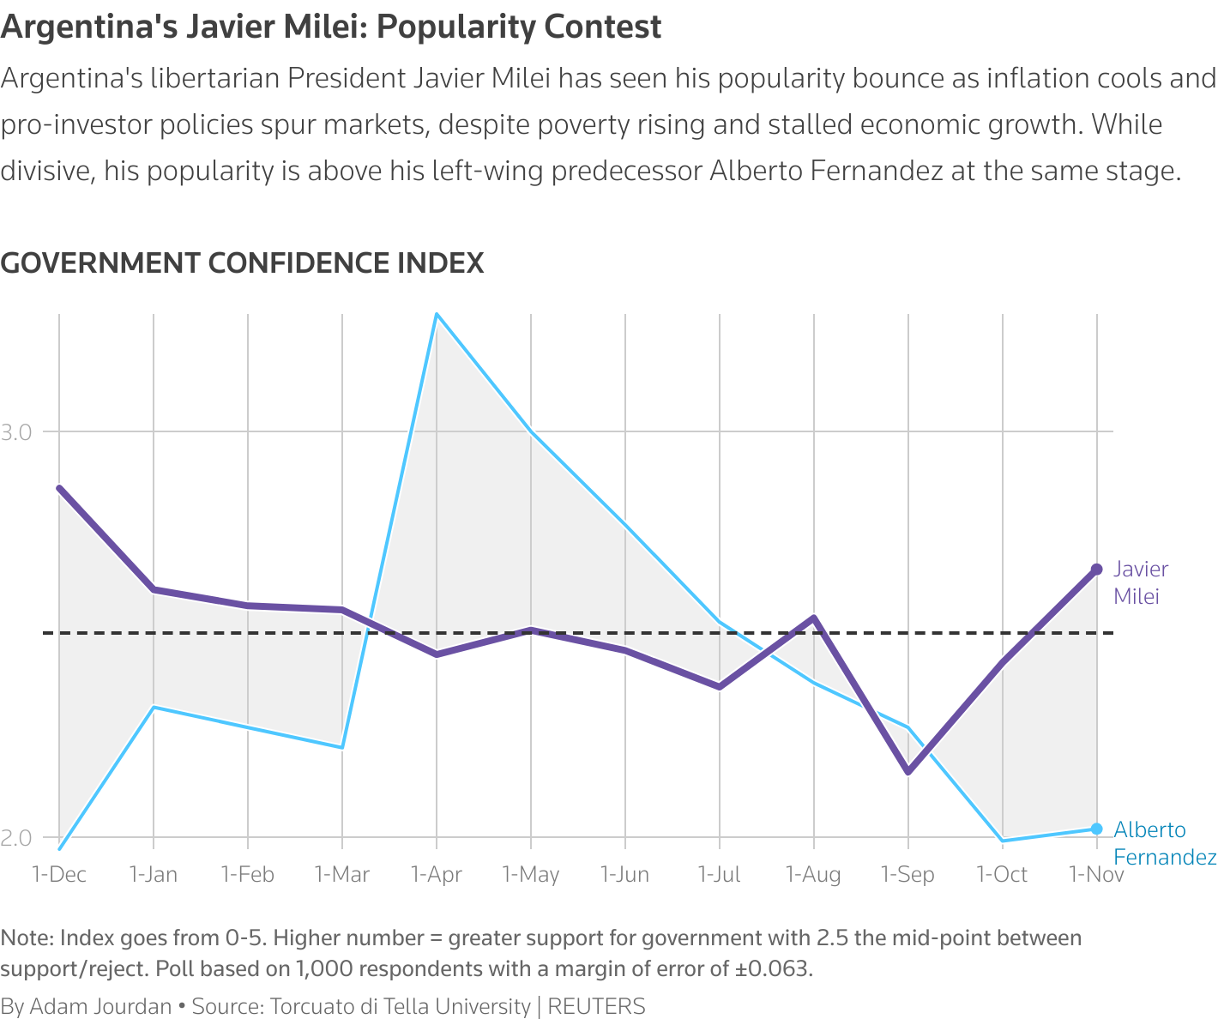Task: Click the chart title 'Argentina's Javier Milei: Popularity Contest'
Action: [x=331, y=27]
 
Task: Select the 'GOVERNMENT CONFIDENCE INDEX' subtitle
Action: [x=242, y=262]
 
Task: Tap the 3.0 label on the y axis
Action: [x=16, y=431]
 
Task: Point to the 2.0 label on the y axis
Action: [x=16, y=837]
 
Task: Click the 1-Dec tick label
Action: [x=59, y=874]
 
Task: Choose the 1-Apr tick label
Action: [x=437, y=874]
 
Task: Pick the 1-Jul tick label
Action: [x=720, y=874]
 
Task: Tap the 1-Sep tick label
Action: [x=908, y=874]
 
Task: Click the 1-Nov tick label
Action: [x=1096, y=874]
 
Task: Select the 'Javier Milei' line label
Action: [x=1141, y=582]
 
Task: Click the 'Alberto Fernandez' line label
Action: [x=1163, y=843]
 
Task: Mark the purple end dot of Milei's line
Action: [x=1096, y=570]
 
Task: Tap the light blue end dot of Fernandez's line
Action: [x=1096, y=829]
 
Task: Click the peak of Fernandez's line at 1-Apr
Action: [x=437, y=314]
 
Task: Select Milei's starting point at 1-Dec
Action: [x=59, y=488]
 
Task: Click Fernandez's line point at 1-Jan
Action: [x=154, y=707]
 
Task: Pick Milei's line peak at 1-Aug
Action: [x=814, y=618]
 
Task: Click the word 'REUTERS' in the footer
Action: [x=596, y=1006]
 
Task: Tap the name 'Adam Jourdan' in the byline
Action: [x=100, y=1006]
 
